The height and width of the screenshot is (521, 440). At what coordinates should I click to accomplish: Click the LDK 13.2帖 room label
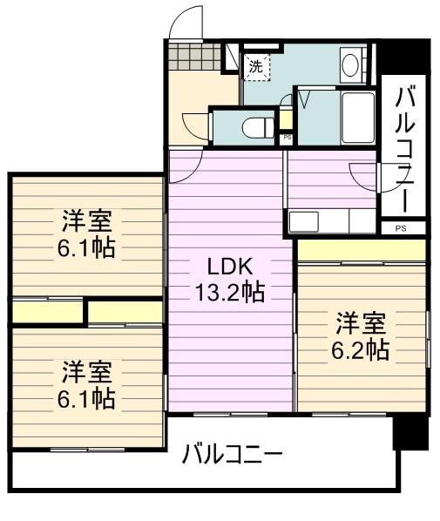pos(229,278)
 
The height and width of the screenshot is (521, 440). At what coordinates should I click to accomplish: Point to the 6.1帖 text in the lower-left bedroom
pos(87,399)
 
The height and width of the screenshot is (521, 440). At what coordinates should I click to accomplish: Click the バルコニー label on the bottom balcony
pos(232,455)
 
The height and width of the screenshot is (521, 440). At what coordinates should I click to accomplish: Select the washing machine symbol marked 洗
pos(256,64)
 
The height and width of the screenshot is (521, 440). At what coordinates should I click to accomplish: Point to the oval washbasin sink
pos(353,64)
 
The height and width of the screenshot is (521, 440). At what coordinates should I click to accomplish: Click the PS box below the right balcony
pos(401,228)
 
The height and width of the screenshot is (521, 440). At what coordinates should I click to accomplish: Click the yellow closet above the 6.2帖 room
pos(361,250)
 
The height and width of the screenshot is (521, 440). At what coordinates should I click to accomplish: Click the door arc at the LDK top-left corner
pos(183,167)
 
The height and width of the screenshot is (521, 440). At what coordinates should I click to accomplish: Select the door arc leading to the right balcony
pos(366,174)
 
